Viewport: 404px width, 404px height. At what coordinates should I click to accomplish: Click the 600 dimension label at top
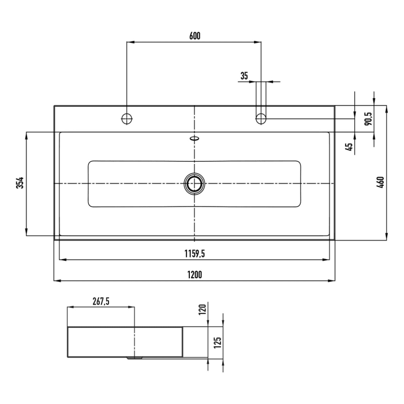pyautogui.click(x=194, y=36)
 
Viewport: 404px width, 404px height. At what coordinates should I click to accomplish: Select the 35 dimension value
pyautogui.click(x=244, y=76)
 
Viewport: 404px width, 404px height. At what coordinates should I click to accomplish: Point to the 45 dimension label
pyautogui.click(x=349, y=146)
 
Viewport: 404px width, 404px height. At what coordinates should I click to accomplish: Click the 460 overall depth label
pyautogui.click(x=380, y=182)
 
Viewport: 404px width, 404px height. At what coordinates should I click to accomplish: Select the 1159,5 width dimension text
pyautogui.click(x=194, y=253)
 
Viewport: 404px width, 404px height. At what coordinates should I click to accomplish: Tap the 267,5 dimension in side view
pyautogui.click(x=101, y=300)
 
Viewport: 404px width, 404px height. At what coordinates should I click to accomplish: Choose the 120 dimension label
pyautogui.click(x=202, y=310)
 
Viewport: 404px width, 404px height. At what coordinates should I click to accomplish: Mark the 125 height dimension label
pyautogui.click(x=217, y=343)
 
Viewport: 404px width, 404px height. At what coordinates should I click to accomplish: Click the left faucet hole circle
pyautogui.click(x=127, y=119)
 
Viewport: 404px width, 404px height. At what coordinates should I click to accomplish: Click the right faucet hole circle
pyautogui.click(x=261, y=119)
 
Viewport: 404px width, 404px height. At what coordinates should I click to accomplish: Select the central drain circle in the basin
pyautogui.click(x=194, y=184)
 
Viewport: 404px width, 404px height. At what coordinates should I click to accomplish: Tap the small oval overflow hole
pyautogui.click(x=194, y=139)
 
